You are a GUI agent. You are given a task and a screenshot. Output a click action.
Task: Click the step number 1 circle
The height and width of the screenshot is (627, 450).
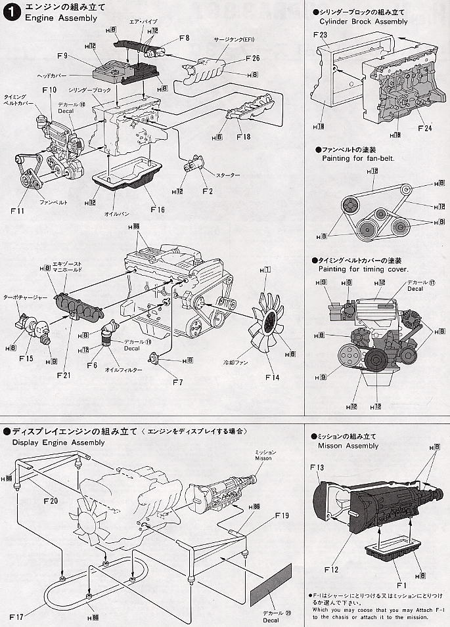coord(11,11)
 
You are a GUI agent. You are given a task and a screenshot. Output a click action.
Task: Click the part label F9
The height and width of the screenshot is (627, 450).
coord(63,56)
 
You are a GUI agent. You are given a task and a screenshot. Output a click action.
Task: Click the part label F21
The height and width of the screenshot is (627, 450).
coord(63,375)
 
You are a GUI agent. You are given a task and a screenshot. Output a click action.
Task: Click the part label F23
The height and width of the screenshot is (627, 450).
coord(321,35)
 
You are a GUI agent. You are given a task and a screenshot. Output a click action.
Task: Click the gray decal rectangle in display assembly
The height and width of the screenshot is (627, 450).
coord(271,584)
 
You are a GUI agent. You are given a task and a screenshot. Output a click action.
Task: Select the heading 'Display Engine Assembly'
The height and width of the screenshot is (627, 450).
coord(58,443)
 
